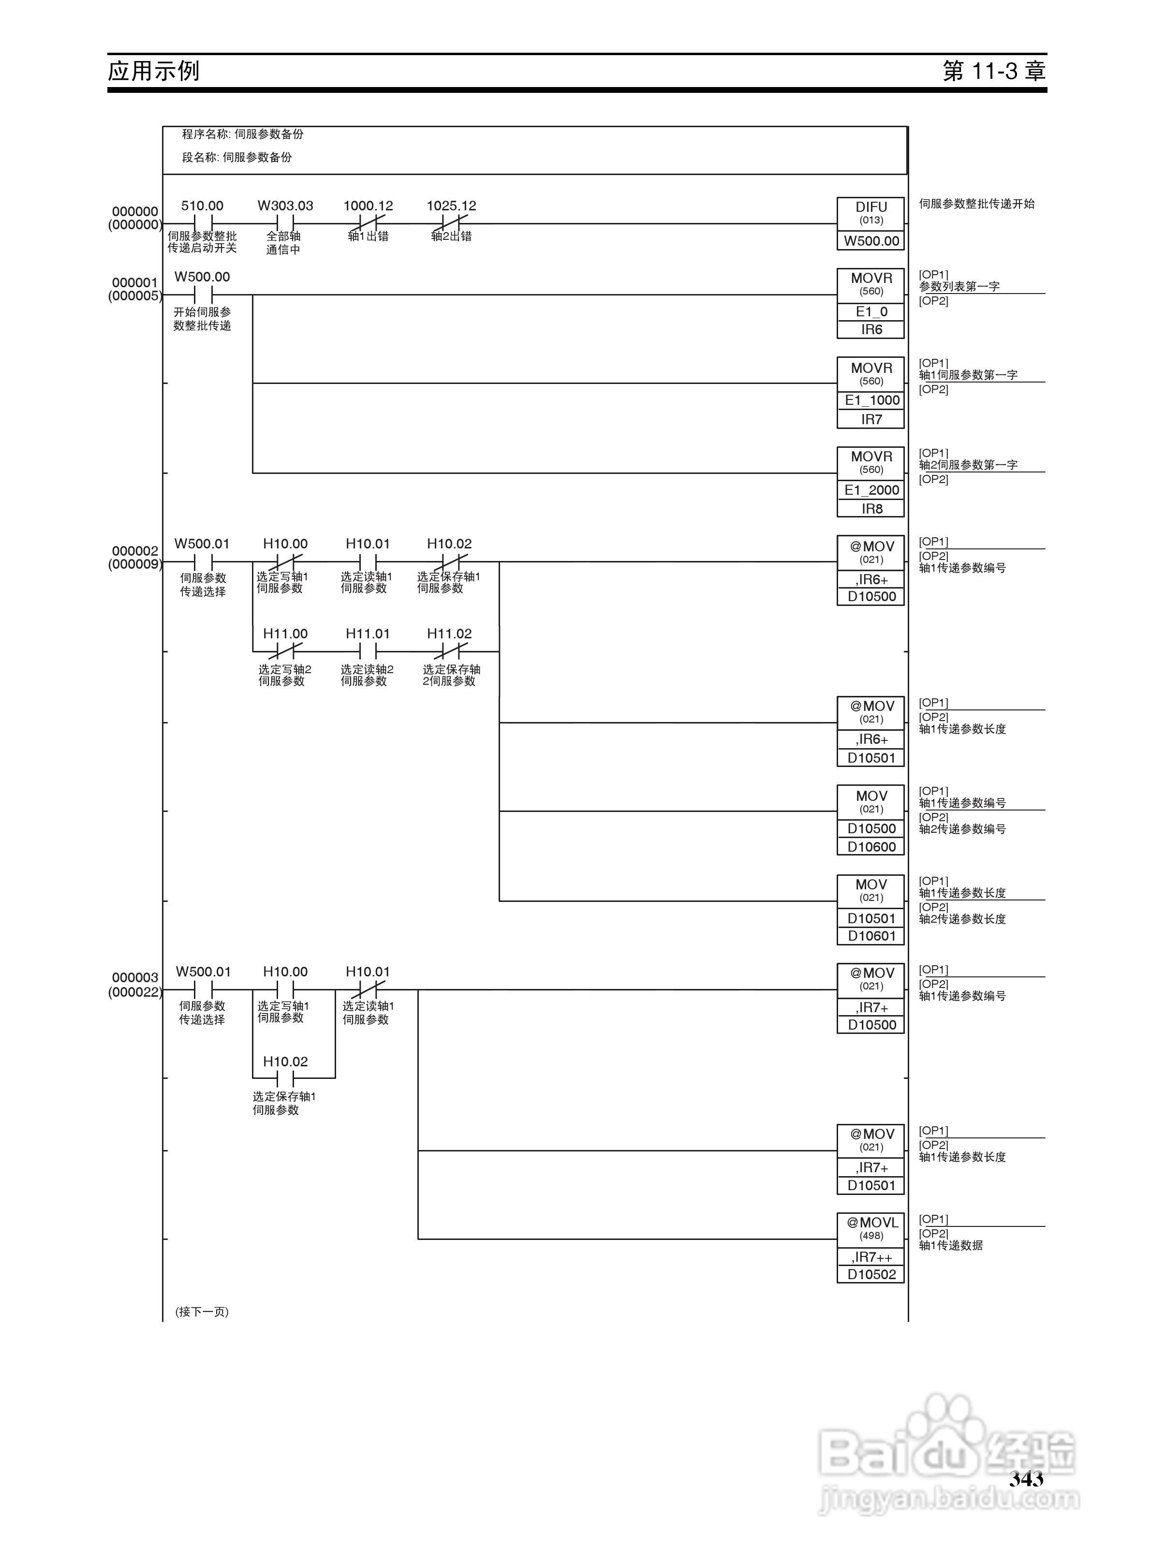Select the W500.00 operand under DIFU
[871, 241]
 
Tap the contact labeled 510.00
[202, 223]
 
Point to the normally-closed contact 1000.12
[368, 223]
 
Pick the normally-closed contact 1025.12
[451, 223]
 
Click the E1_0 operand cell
[871, 312]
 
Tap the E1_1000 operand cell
[871, 400]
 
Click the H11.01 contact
[368, 651]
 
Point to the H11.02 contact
[449, 651]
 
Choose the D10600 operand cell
[871, 847]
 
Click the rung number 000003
[135, 977]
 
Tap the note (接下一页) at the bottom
[202, 1312]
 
